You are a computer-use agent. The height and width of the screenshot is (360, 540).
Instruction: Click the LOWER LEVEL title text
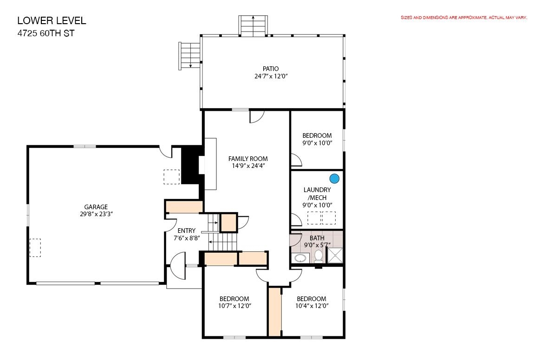[52, 21]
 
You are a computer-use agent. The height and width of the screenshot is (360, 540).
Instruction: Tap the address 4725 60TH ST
[46, 33]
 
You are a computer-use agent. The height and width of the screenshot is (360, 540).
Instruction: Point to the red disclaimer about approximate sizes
[464, 18]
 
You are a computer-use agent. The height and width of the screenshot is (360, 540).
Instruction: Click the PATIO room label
[271, 69]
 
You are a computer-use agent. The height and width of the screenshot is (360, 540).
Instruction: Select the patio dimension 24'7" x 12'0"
[271, 77]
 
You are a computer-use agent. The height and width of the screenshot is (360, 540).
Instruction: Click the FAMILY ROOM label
[248, 159]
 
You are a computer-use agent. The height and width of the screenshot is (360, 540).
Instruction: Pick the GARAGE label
[96, 207]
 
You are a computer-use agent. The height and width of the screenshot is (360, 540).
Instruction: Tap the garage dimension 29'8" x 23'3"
[96, 214]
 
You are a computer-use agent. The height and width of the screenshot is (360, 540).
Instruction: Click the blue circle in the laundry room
[334, 179]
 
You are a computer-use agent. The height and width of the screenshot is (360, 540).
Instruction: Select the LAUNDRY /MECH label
[317, 193]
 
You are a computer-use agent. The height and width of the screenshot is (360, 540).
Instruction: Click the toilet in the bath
[319, 256]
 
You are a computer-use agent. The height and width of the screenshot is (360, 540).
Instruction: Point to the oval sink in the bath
[301, 258]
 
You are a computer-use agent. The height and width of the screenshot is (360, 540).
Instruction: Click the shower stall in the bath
[335, 255]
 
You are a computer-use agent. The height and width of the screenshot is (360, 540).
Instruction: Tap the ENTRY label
[187, 231]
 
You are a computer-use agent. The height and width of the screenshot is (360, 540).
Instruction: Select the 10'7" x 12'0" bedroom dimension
[234, 306]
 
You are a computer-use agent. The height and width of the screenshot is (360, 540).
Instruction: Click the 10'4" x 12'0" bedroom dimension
[312, 306]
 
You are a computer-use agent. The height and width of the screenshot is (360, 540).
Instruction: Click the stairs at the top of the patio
[253, 26]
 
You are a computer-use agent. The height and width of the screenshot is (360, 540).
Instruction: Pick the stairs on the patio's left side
[189, 56]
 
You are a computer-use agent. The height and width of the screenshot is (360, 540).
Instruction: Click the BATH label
[317, 238]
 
